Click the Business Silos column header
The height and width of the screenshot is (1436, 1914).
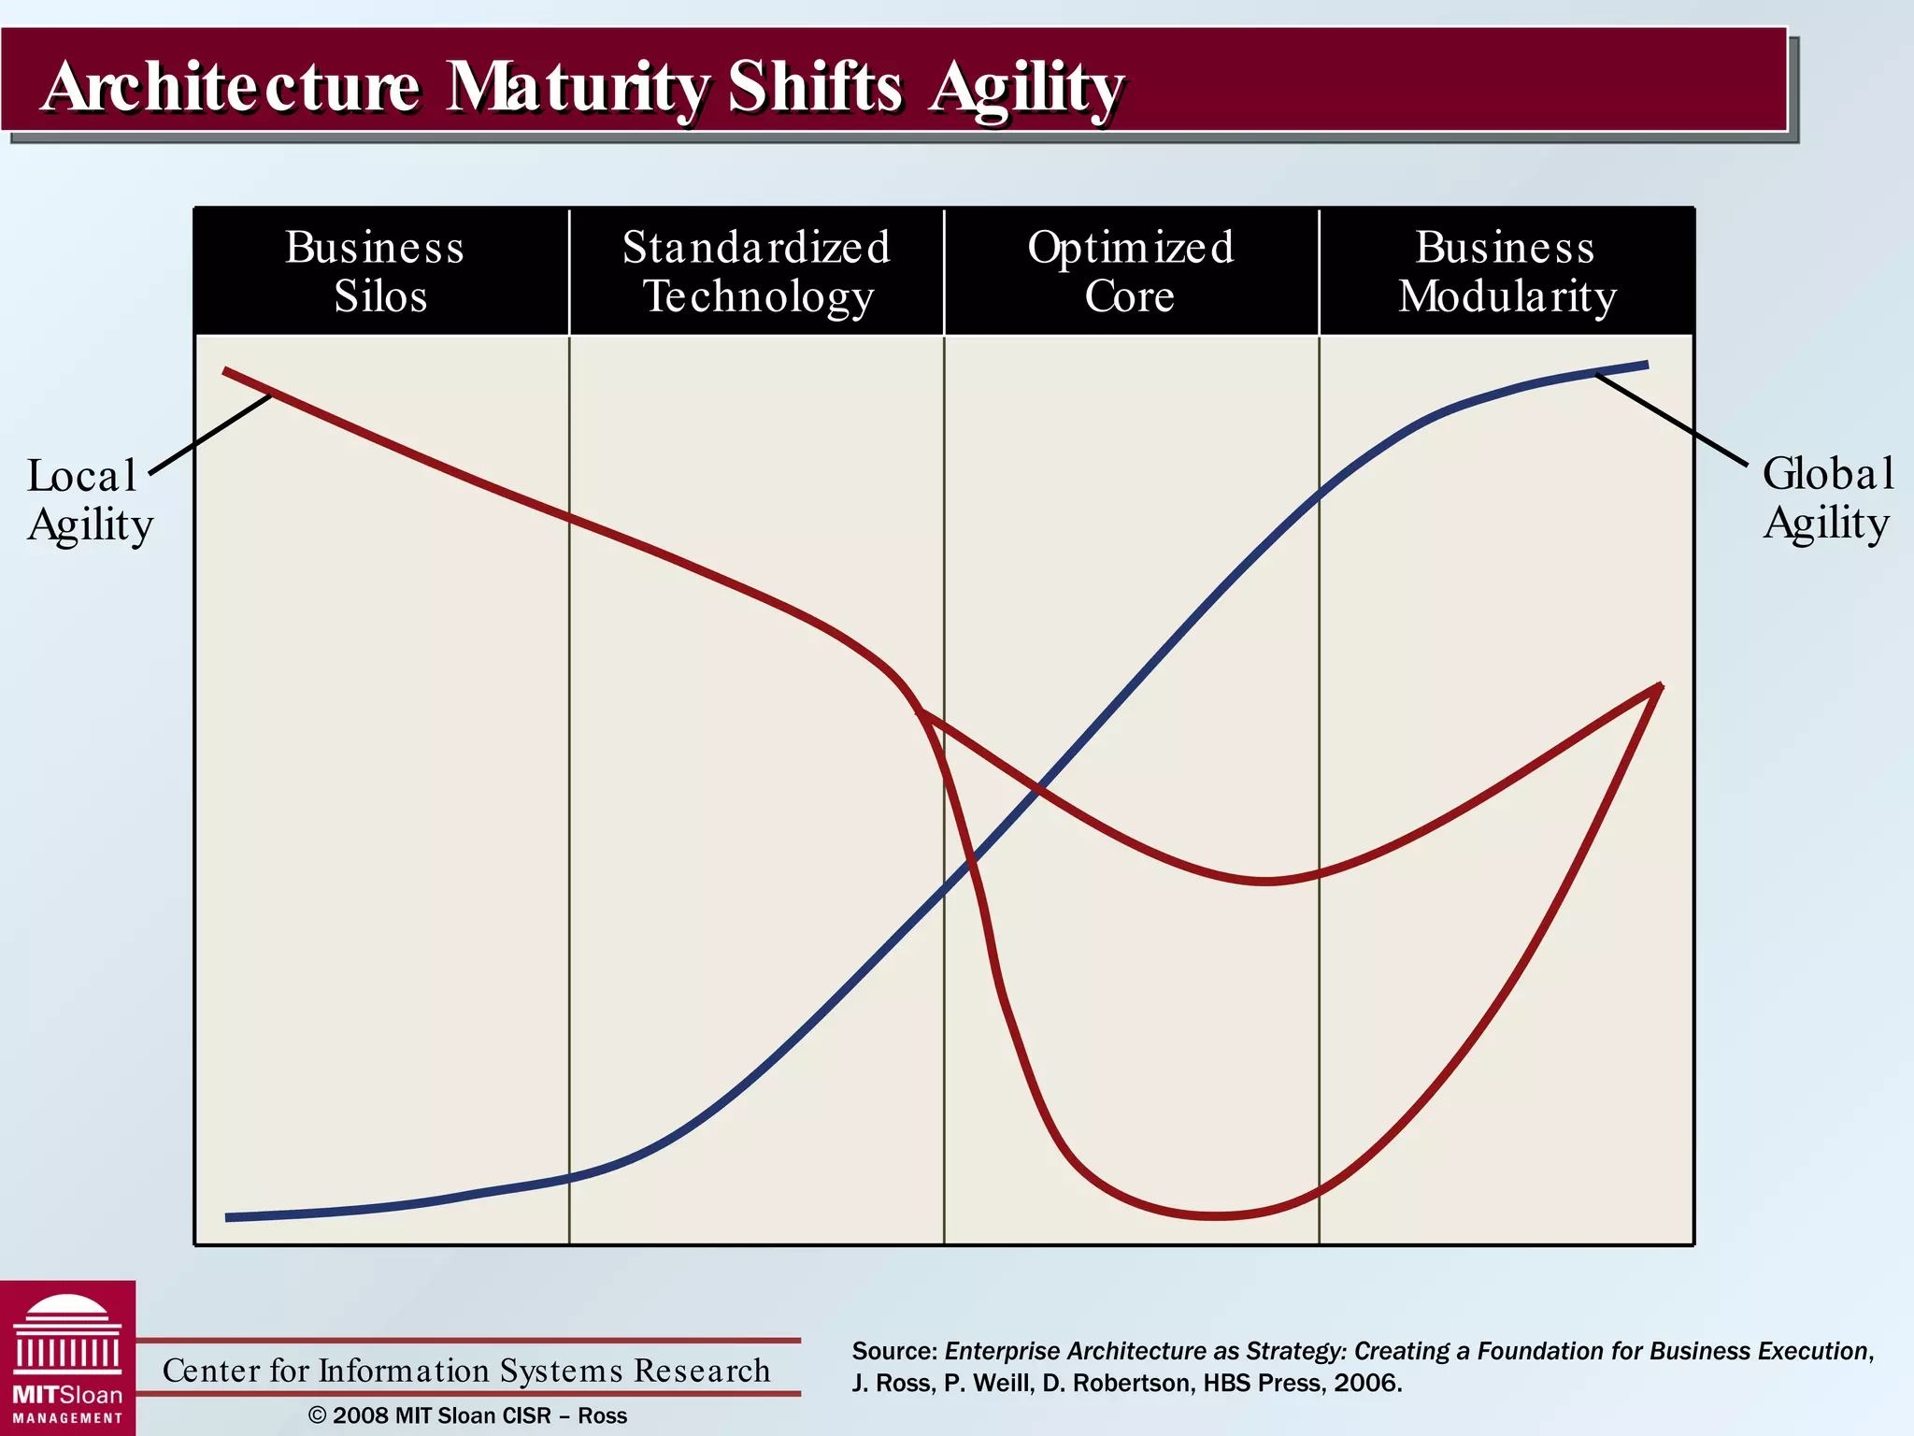(379, 272)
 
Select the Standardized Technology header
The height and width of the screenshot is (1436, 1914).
(757, 272)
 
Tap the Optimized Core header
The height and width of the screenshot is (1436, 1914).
(1131, 272)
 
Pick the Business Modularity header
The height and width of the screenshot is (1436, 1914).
(1507, 272)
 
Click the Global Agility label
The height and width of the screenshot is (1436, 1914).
(1827, 498)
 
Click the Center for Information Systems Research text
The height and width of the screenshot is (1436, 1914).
(466, 1371)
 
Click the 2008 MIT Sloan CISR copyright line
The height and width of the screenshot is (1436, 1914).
(467, 1415)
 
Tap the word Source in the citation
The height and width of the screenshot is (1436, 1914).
(893, 1351)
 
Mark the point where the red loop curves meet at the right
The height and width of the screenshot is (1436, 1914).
(1659, 687)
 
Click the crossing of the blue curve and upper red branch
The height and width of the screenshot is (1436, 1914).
(1037, 791)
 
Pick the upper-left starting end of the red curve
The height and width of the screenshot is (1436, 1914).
(226, 371)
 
